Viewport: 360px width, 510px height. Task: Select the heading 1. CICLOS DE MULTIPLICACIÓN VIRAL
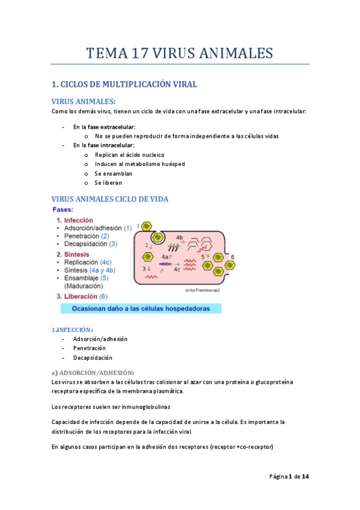point(124,85)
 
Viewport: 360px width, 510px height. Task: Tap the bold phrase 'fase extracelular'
point(111,127)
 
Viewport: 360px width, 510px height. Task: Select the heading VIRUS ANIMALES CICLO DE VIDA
point(110,199)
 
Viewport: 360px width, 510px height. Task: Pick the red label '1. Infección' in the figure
point(75,220)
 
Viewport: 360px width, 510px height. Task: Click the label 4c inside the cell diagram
point(177,269)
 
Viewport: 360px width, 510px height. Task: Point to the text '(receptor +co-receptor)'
point(240,447)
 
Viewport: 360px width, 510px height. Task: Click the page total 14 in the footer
point(305,477)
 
